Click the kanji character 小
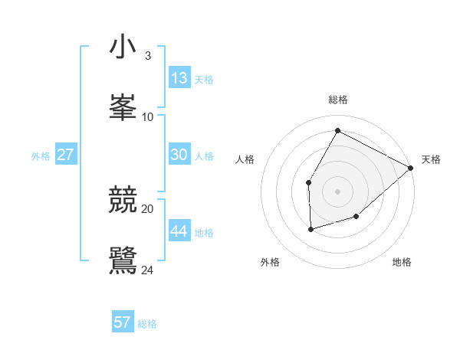tap(123, 47)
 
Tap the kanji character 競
tap(123, 200)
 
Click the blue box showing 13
tap(179, 77)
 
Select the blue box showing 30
tap(179, 155)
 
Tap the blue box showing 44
tap(179, 231)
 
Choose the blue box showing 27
tap(66, 155)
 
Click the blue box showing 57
tap(123, 322)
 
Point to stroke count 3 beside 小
tap(147, 56)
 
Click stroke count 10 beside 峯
tap(148, 116)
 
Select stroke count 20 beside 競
tap(148, 208)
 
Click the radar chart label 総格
tap(338, 100)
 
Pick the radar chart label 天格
tap(431, 159)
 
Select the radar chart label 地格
tap(402, 262)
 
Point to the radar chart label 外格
tap(270, 262)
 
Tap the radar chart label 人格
tap(245, 159)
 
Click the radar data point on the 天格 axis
tap(411, 168)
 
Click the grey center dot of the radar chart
tap(337, 191)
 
